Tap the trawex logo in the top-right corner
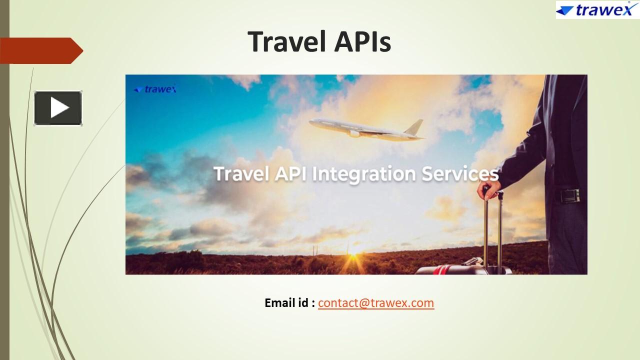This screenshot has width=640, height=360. point(597,10)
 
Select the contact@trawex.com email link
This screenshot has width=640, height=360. point(376,303)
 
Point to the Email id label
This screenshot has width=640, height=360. point(289,303)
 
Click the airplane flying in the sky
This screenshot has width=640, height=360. point(365,128)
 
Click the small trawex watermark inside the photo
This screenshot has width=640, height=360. point(155,89)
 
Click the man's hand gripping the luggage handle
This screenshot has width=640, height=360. point(489,190)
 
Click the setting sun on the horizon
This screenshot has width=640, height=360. point(356,248)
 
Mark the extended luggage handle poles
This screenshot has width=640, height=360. point(492,230)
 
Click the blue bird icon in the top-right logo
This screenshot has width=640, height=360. point(565,10)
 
